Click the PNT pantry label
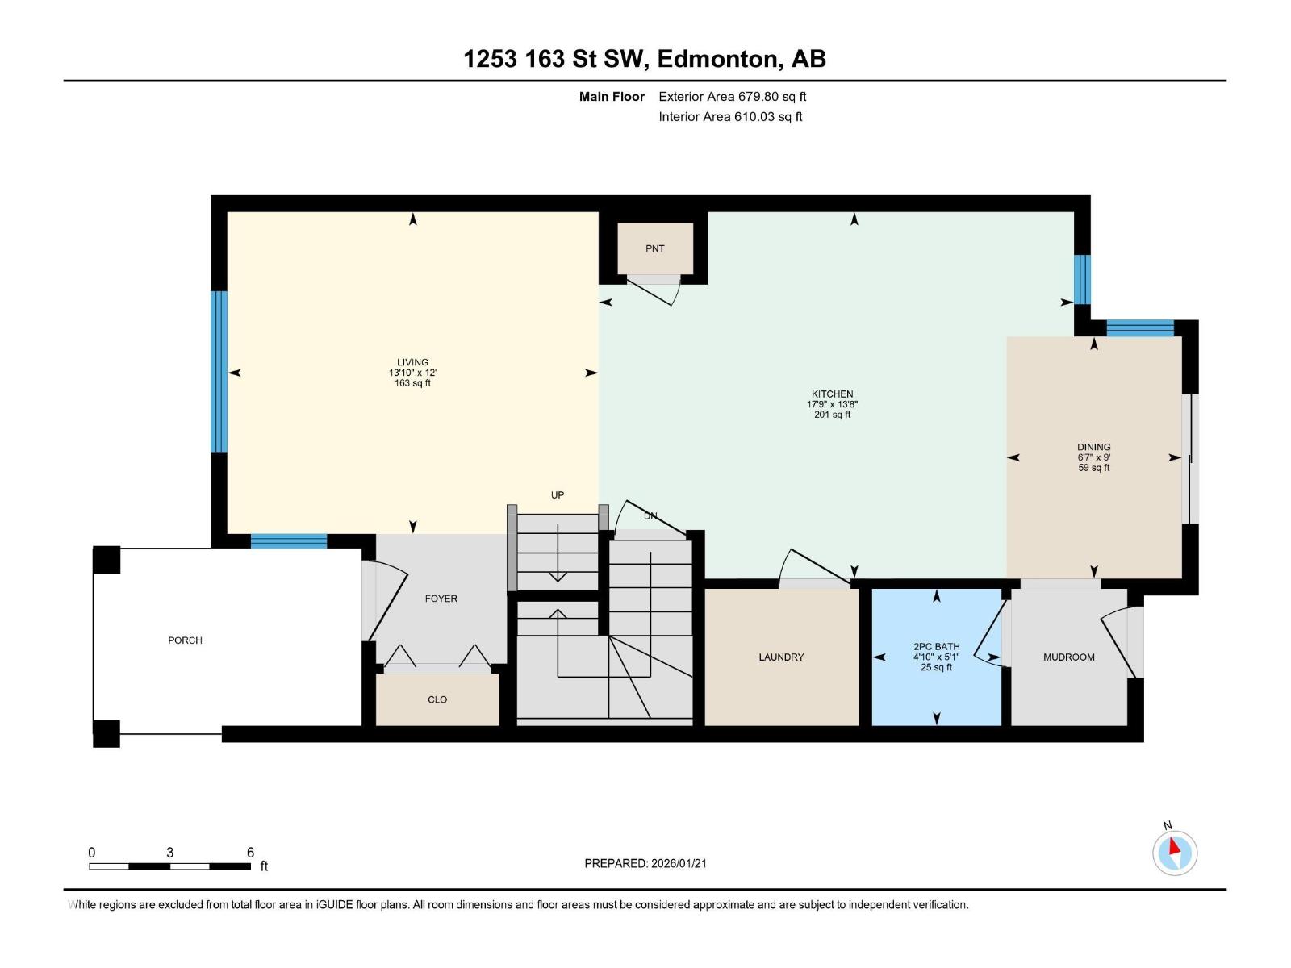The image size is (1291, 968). click(x=654, y=248)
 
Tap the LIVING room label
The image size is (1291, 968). click(x=412, y=362)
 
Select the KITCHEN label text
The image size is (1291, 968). click(x=832, y=394)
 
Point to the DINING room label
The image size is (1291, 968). click(x=1093, y=447)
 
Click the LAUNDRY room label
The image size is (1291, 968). click(x=780, y=657)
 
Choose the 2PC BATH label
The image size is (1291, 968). click(x=936, y=646)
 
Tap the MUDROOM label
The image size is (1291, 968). click(x=1068, y=657)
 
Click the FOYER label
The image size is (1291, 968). click(x=441, y=599)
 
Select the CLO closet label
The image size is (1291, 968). click(x=437, y=699)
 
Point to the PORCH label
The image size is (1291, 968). click(x=185, y=640)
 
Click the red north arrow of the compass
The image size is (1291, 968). click(x=1173, y=846)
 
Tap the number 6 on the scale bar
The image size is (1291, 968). click(x=250, y=852)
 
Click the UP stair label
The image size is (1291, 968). click(x=557, y=494)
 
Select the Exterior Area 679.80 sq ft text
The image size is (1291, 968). click(x=733, y=96)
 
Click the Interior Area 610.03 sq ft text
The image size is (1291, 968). click(x=730, y=116)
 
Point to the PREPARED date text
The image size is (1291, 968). click(x=645, y=863)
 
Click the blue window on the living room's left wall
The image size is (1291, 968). click(x=219, y=371)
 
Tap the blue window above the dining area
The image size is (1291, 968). click(x=1139, y=328)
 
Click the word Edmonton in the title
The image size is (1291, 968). click(x=719, y=59)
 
